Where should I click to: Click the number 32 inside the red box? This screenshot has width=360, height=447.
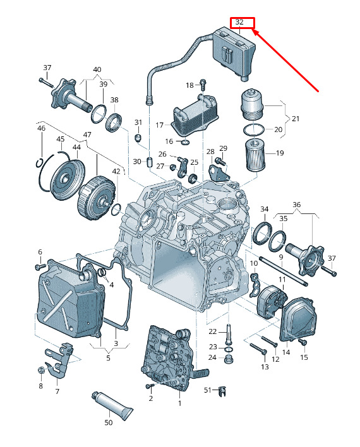click(239, 22)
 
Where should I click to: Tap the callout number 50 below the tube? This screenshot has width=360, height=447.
click(109, 422)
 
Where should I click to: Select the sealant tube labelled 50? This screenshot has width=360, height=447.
click(112, 406)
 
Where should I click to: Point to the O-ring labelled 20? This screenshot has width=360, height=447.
click(253, 129)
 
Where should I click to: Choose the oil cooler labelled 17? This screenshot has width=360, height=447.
click(194, 116)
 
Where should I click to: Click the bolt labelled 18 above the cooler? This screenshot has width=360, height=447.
click(203, 85)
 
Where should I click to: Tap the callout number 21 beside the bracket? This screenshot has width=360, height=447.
click(296, 118)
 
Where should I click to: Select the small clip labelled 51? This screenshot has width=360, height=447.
click(222, 391)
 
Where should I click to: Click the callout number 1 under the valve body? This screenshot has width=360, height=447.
click(180, 403)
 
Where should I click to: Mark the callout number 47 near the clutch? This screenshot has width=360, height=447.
click(87, 134)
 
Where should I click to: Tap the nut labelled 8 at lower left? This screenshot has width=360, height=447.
click(41, 371)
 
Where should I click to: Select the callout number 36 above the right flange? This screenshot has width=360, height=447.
click(296, 205)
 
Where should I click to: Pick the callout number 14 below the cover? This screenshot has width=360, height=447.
click(286, 352)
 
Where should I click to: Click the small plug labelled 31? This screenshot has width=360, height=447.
click(138, 138)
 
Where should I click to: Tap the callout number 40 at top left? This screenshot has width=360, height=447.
click(97, 69)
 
